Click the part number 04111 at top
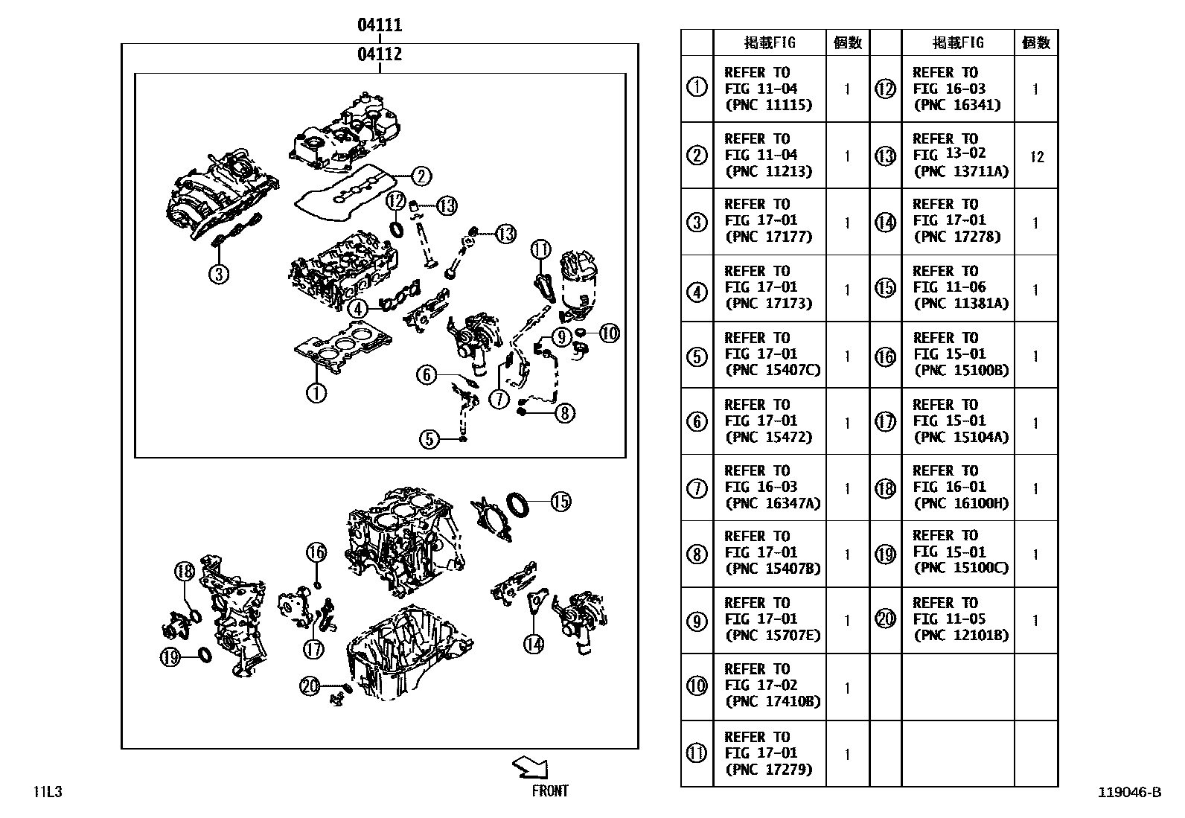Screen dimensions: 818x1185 380,25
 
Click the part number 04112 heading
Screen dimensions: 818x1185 380,54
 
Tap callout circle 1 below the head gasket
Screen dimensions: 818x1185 316,392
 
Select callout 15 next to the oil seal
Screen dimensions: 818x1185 560,502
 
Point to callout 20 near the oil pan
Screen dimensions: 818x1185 310,686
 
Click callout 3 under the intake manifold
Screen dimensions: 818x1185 217,275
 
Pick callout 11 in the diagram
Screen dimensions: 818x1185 540,249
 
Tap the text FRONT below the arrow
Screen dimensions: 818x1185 550,791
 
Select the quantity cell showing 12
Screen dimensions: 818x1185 1036,156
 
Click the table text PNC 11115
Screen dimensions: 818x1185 768,105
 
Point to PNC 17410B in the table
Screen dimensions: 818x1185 773,702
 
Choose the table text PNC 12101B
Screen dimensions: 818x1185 961,635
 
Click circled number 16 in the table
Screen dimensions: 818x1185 885,357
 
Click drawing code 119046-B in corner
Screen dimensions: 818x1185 1128,793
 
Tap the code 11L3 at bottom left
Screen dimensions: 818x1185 47,792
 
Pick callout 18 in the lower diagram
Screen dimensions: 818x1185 185,572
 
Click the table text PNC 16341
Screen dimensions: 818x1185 956,105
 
